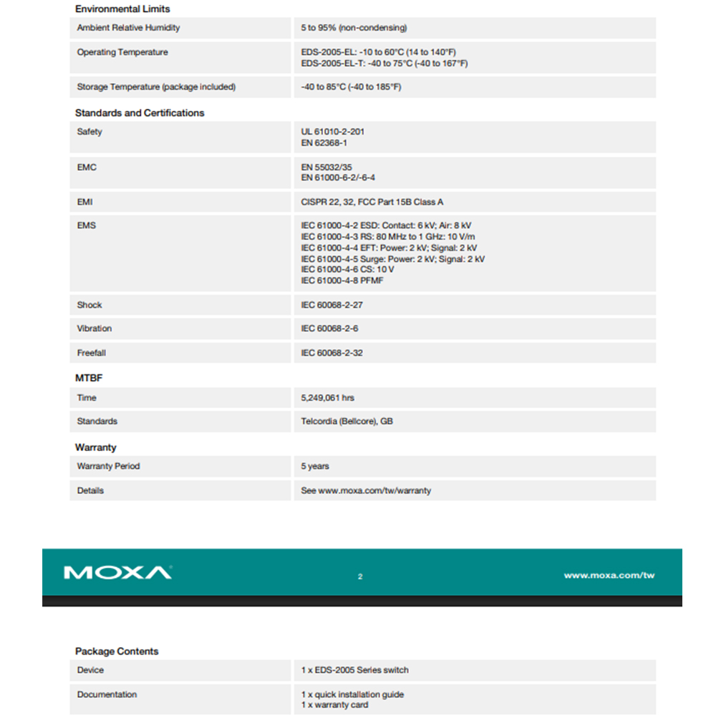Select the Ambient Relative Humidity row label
pyautogui.click(x=128, y=28)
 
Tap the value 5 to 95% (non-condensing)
pyautogui.click(x=354, y=28)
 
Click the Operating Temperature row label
pyautogui.click(x=122, y=52)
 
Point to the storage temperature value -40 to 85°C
pyautogui.click(x=351, y=87)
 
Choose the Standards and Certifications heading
pyautogui.click(x=140, y=113)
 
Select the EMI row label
pyautogui.click(x=85, y=202)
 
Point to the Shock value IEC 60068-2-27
pyautogui.click(x=332, y=305)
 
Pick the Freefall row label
pyautogui.click(x=92, y=353)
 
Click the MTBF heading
pyautogui.click(x=89, y=378)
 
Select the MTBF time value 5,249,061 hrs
pyautogui.click(x=327, y=398)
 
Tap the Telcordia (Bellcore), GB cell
pyautogui.click(x=347, y=422)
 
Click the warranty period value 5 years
pyautogui.click(x=315, y=466)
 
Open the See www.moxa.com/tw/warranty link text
pyautogui.click(x=366, y=490)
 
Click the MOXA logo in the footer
pyautogui.click(x=117, y=573)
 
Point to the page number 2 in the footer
pyautogui.click(x=360, y=576)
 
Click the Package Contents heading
pyautogui.click(x=117, y=652)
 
